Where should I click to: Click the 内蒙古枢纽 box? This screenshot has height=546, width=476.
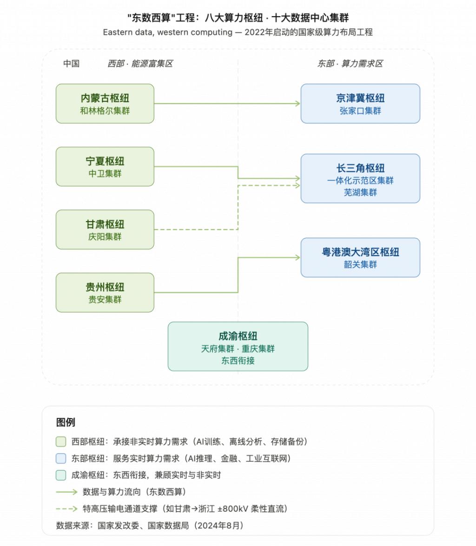coord(105,103)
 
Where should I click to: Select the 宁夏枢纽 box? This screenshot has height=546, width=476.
coord(105,166)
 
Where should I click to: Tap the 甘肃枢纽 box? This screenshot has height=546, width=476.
coord(105,229)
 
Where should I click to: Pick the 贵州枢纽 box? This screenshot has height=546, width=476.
coord(105,292)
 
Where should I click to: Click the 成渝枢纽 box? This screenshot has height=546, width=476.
coord(238,346)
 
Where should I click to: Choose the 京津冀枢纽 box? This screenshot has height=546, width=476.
coord(360,103)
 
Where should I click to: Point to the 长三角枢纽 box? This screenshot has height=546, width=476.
coord(360,178)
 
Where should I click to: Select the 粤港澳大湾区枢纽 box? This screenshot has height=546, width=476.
coord(360,257)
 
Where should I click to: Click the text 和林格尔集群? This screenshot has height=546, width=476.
coord(105,111)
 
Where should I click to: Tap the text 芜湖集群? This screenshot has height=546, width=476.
coord(360,192)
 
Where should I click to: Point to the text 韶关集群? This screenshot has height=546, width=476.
coord(360,265)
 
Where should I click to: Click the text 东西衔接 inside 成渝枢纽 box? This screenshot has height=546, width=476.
coord(238,361)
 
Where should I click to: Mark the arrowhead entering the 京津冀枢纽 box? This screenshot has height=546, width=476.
coord(298,104)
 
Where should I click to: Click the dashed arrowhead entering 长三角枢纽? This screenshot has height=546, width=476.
coord(298,185)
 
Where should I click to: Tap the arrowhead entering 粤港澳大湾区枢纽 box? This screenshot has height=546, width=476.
coord(298,257)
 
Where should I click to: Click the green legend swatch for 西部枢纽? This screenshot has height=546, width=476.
coord(61,442)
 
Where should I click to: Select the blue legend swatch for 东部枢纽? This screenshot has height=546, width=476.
coord(61,459)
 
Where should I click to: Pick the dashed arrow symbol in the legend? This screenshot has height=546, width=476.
coord(66,509)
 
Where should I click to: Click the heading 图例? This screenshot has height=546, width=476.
coord(66,422)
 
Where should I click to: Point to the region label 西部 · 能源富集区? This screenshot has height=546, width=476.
coord(140,64)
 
